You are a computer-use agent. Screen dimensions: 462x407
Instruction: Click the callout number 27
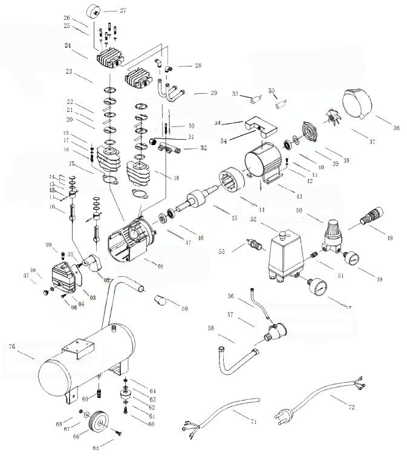pyautogui.click(x=123, y=11)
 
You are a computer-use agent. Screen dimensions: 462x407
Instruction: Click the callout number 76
pyautogui.click(x=11, y=346)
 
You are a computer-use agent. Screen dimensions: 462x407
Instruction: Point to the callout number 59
pyautogui.click(x=184, y=309)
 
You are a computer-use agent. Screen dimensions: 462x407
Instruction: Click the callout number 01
pyautogui.click(x=160, y=266)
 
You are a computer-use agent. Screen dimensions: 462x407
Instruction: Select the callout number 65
pyautogui.click(x=96, y=447)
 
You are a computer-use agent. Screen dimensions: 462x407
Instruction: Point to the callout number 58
pyautogui.click(x=210, y=328)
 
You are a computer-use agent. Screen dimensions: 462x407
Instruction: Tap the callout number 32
pyautogui.click(x=203, y=148)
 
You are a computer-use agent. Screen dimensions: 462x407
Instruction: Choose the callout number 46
pyautogui.click(x=200, y=238)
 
